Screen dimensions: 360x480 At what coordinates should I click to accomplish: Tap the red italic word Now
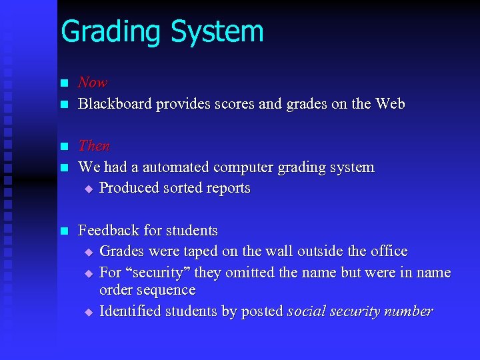[x=93, y=83]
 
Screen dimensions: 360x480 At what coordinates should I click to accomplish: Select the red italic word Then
[x=94, y=145]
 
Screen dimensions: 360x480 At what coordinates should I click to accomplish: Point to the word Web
[x=390, y=104]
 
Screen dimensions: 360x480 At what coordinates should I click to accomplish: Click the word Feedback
[x=109, y=230]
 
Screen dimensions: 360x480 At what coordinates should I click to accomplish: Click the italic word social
[x=305, y=311]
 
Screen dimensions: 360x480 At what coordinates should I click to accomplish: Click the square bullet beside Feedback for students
[x=64, y=231]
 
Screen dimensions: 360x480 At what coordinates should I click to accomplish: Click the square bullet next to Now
[x=64, y=83]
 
